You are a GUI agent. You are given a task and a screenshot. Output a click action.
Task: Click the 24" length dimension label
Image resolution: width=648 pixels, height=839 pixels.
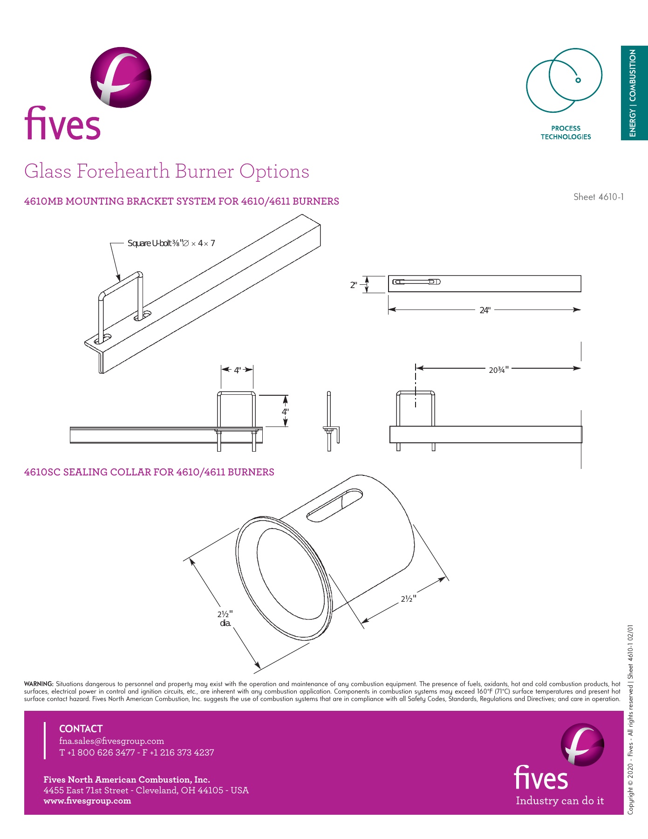[x=485, y=310]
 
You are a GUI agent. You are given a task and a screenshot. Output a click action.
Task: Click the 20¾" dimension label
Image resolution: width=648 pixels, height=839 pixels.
[x=498, y=370]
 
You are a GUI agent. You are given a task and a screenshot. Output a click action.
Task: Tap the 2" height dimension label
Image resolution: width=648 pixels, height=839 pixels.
[x=354, y=285]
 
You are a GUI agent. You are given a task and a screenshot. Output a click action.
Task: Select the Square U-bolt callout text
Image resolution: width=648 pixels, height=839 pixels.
[x=171, y=243]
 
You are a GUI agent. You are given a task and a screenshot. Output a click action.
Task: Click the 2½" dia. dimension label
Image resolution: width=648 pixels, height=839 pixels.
[x=225, y=619]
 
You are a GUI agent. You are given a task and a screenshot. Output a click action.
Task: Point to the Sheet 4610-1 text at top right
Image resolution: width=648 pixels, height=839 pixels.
[x=598, y=197]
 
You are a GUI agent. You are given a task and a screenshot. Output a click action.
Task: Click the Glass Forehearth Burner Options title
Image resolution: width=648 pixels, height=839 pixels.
[x=166, y=172]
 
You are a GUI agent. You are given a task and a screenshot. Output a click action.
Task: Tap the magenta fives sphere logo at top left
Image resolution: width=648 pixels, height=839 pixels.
[x=121, y=77]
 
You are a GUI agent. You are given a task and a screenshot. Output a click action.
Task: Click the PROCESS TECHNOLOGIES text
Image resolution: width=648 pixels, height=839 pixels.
[x=566, y=132]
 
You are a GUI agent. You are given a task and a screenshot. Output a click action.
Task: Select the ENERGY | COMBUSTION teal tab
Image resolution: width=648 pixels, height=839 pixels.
[x=634, y=93]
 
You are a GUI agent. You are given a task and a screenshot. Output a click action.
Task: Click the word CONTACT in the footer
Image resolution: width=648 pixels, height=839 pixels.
[x=81, y=729]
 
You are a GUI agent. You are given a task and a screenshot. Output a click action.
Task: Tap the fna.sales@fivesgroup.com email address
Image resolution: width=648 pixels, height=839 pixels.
[x=111, y=741]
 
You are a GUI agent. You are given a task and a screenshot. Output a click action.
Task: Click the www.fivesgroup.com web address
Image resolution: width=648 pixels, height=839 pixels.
[x=87, y=801]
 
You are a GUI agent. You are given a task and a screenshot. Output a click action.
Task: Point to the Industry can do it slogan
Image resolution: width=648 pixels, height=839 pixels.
[x=559, y=801]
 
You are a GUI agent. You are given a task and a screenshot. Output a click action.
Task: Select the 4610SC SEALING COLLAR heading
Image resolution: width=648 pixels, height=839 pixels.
[x=149, y=472]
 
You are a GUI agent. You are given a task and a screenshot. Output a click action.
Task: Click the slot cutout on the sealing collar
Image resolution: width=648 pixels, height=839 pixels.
[x=335, y=505]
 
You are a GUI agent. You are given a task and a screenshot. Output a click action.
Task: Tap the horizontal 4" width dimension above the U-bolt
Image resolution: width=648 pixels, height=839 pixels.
[x=238, y=371]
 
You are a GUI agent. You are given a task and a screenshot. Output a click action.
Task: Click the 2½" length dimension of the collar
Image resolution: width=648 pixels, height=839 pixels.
[x=408, y=599]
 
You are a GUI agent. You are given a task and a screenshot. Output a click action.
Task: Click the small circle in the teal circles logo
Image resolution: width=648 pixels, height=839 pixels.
[x=578, y=80]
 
